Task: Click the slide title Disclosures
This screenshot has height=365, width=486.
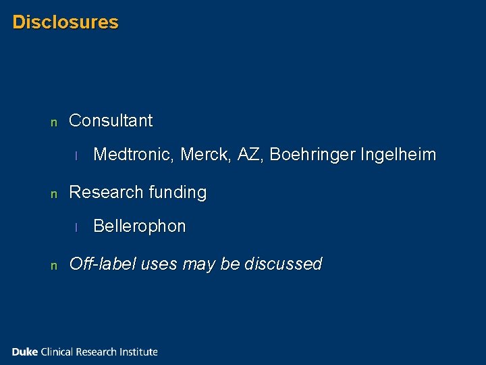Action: pyautogui.click(x=65, y=22)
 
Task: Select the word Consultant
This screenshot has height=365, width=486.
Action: pyautogui.click(x=111, y=121)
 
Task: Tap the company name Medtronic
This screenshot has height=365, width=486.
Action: pyautogui.click(x=134, y=155)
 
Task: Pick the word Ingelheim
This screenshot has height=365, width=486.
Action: pyautogui.click(x=398, y=155)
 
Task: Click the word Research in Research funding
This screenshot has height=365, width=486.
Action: pyautogui.click(x=104, y=193)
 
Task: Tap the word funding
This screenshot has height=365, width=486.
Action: pyautogui.click(x=178, y=193)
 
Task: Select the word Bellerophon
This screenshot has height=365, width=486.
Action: pyautogui.click(x=139, y=226)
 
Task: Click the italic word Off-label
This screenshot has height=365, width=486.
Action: pyautogui.click(x=103, y=264)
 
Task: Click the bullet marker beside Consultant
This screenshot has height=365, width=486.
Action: pyautogui.click(x=54, y=123)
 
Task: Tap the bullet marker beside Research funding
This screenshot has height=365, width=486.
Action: pyautogui.click(x=54, y=195)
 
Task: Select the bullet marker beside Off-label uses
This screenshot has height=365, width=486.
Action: pyautogui.click(x=54, y=266)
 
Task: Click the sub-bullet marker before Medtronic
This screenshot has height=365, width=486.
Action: pyautogui.click(x=77, y=156)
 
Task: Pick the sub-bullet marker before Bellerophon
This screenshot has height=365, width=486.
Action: pyautogui.click(x=77, y=228)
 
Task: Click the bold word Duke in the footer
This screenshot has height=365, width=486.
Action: pyautogui.click(x=25, y=351)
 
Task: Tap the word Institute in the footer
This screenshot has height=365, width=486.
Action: pyautogui.click(x=139, y=351)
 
